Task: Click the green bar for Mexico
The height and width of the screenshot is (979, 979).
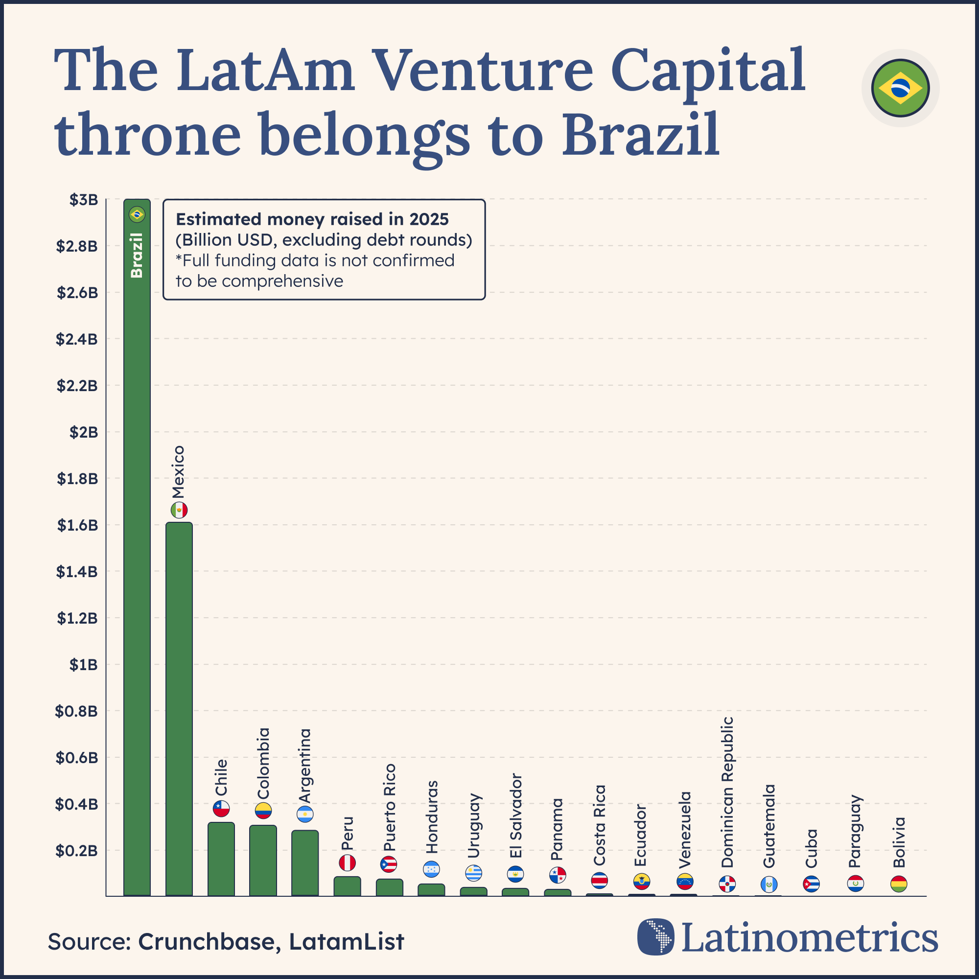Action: (179, 709)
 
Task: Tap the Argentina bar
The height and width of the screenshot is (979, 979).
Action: (304, 863)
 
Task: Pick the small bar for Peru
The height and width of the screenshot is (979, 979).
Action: (347, 886)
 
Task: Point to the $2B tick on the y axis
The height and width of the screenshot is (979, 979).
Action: (84, 432)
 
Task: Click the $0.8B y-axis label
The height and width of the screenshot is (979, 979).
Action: (76, 711)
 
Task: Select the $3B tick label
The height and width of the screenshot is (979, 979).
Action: (84, 200)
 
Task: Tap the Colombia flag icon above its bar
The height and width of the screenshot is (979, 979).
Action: (263, 811)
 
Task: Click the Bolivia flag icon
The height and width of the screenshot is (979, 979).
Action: (899, 884)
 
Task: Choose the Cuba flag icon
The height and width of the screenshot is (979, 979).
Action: (811, 884)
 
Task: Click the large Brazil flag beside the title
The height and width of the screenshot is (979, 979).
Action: (901, 88)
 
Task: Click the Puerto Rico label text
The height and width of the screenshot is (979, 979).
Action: (389, 807)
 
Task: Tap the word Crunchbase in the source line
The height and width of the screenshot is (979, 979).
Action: (206, 942)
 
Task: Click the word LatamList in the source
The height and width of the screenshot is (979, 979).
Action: (347, 942)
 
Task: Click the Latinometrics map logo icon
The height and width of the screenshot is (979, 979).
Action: (656, 937)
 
